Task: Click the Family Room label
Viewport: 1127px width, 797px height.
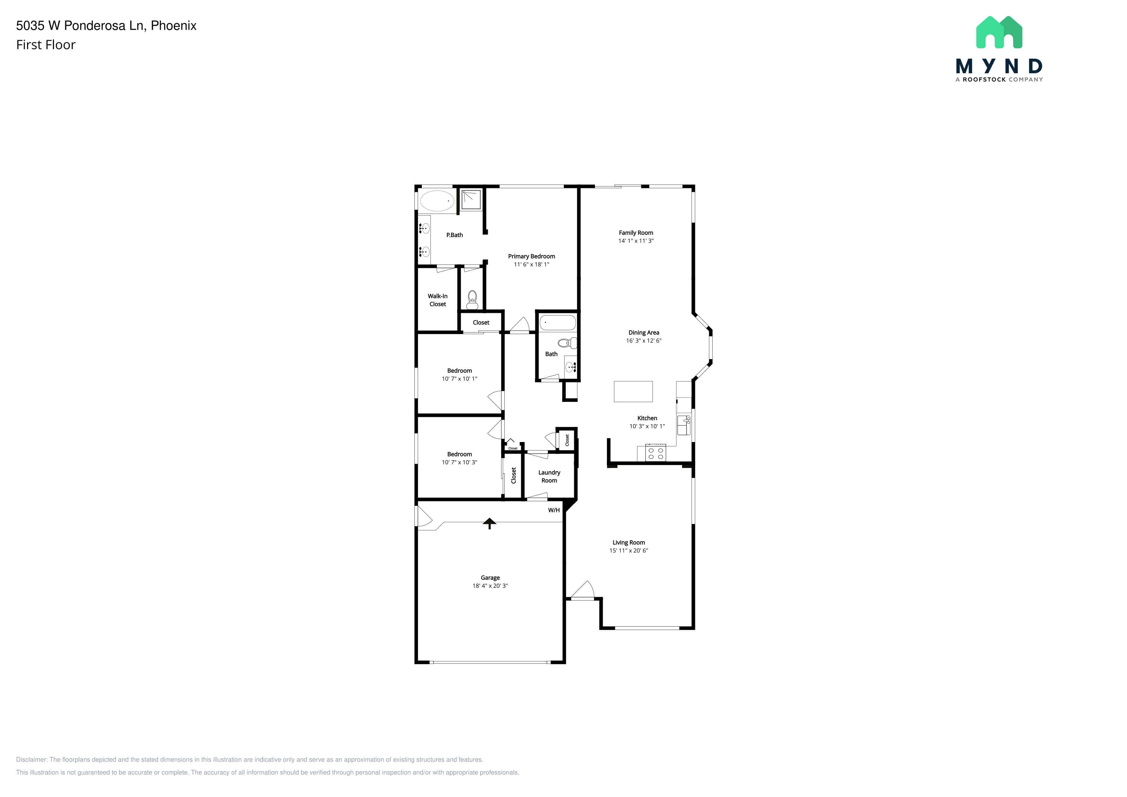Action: point(636,233)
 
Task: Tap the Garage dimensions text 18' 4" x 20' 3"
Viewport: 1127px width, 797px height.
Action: point(490,586)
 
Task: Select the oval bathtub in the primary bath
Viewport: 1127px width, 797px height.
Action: point(437,201)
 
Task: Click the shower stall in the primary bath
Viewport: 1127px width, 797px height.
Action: point(470,199)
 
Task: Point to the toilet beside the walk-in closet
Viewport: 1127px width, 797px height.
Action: point(472,299)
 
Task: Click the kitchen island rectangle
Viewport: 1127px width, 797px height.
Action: point(633,392)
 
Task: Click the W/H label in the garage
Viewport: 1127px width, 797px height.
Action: point(554,510)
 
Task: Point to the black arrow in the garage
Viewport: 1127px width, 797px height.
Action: point(489,523)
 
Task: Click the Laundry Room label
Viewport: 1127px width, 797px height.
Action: point(549,476)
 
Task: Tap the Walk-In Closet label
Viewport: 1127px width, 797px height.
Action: point(437,300)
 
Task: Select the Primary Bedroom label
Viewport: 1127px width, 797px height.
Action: point(532,256)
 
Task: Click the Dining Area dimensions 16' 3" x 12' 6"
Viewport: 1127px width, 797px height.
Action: point(643,341)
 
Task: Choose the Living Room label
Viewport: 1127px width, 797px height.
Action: point(629,542)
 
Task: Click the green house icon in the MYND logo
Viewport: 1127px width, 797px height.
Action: point(999,32)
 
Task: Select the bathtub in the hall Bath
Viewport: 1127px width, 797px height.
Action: point(558,323)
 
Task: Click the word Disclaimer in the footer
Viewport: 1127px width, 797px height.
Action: point(31,759)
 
